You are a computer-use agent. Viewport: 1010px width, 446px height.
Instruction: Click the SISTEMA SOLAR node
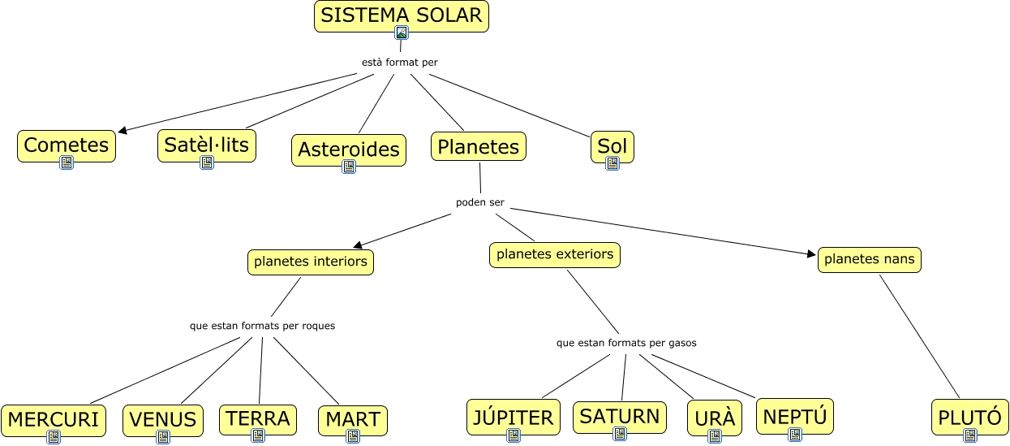402,14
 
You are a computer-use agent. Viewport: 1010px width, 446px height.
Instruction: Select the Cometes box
67,145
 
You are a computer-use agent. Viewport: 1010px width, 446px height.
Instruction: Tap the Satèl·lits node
207,145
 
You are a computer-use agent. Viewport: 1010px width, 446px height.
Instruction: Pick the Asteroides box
349,149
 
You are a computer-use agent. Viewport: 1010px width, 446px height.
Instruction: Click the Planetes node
479,146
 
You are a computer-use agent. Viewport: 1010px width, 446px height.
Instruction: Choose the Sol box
612,146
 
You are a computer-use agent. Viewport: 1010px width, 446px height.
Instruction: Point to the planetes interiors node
311,262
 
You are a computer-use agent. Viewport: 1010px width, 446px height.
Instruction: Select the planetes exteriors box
555,254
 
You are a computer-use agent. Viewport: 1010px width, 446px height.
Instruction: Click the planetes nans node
869,259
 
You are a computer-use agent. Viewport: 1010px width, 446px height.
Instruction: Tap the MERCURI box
54,419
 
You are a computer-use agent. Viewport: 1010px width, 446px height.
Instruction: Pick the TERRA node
258,418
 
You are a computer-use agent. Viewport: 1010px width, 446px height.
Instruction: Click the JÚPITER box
514,417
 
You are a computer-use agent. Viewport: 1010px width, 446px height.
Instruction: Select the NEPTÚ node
795,416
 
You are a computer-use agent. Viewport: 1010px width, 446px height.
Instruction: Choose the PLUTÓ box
970,418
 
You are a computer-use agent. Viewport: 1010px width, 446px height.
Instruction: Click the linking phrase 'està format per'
400,63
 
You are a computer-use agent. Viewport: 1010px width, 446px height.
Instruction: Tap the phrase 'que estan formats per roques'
262,326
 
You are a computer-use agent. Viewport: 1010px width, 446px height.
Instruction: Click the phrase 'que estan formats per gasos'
626,343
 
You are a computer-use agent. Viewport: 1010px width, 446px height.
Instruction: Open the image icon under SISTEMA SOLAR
402,32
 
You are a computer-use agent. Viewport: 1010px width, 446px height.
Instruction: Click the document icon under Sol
612,163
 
